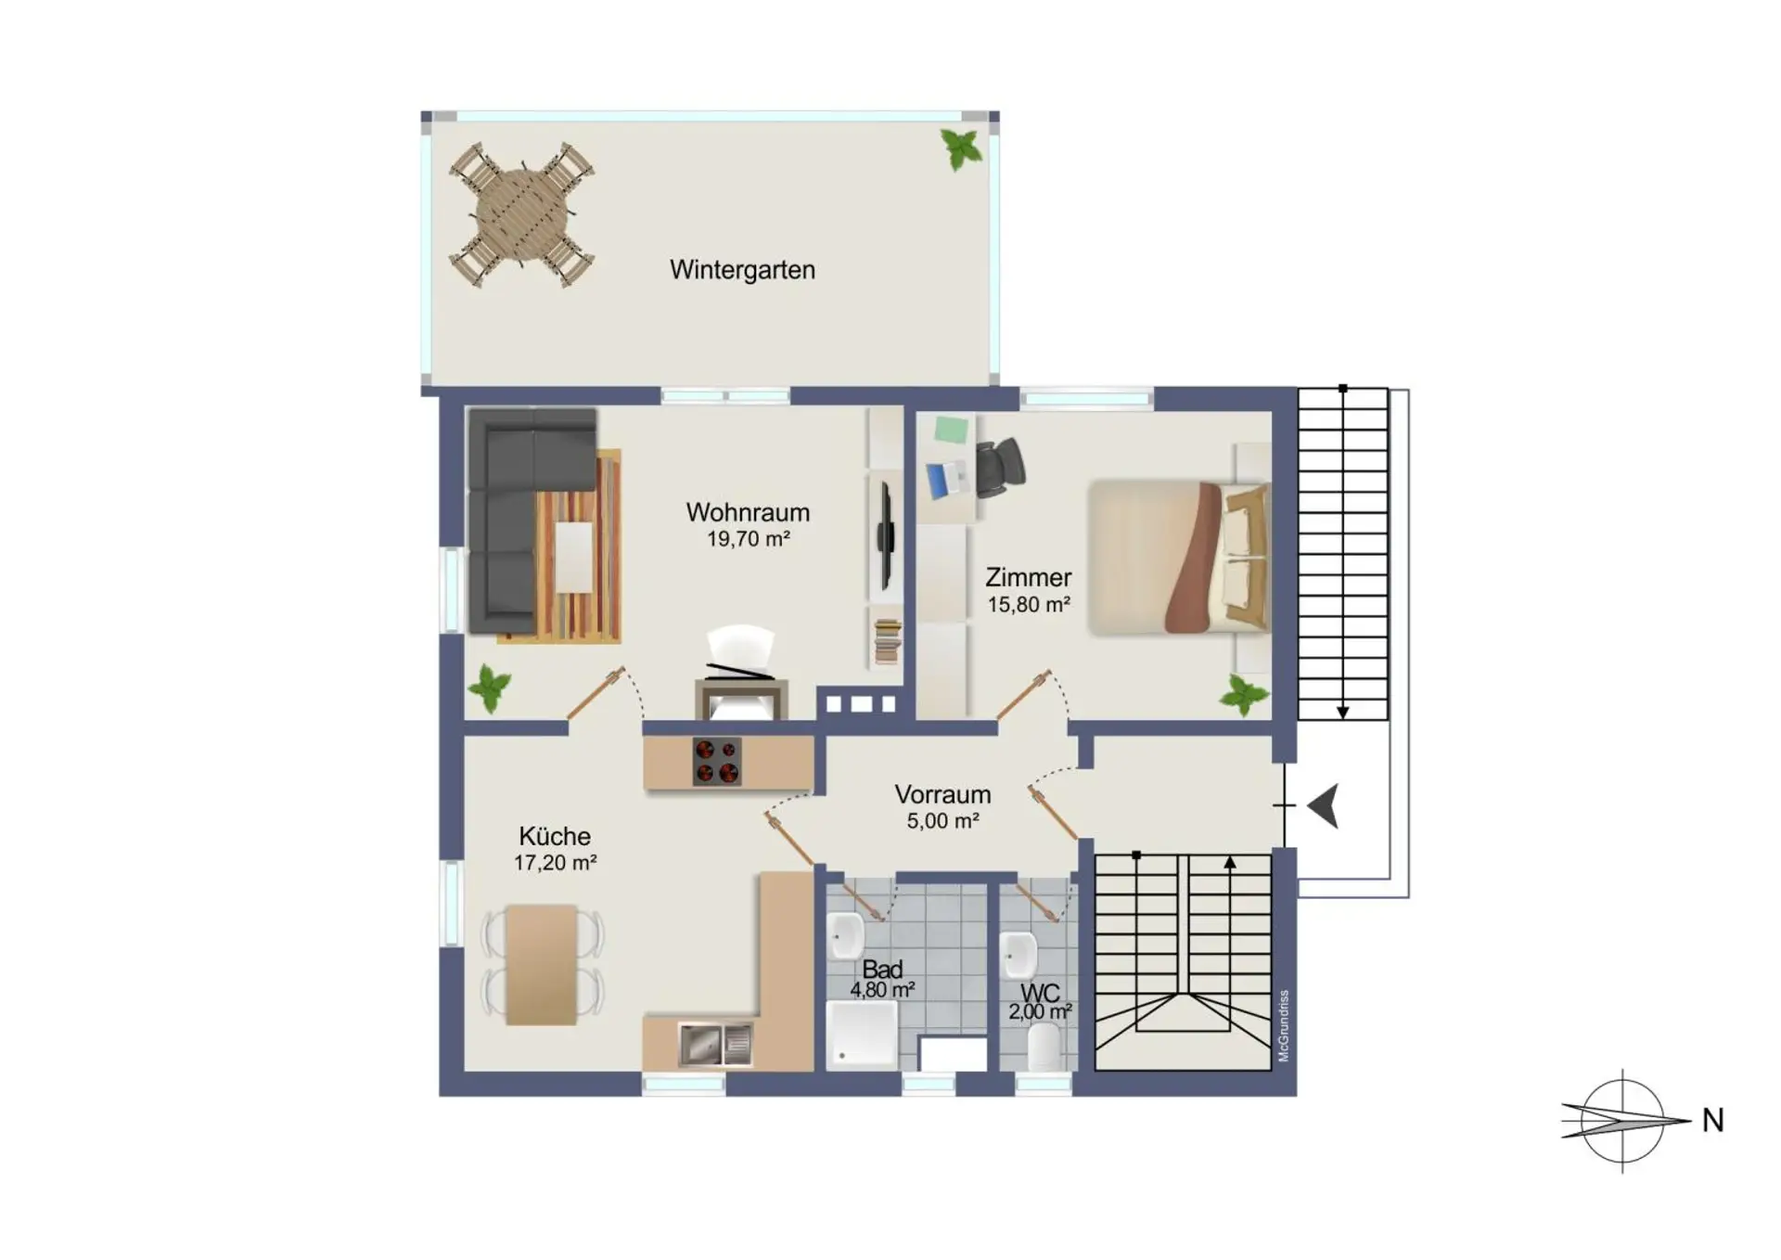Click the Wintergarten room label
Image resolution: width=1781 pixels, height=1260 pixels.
(742, 270)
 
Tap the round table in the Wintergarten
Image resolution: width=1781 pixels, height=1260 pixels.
(522, 215)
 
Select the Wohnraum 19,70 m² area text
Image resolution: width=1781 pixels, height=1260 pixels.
(748, 539)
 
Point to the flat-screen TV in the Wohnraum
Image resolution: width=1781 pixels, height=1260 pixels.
(886, 535)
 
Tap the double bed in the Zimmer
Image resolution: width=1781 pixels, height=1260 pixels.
(1178, 558)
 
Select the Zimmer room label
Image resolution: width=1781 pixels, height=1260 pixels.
(1028, 577)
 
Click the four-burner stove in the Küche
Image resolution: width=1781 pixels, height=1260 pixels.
(717, 761)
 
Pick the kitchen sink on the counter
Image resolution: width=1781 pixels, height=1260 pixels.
(715, 1045)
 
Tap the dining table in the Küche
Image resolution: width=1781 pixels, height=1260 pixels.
(542, 964)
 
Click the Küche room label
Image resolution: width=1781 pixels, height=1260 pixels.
(555, 836)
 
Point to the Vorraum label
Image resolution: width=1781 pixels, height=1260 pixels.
(942, 794)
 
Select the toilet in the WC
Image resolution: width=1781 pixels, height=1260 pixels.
(1044, 1046)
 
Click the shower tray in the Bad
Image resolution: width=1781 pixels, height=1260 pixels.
(862, 1035)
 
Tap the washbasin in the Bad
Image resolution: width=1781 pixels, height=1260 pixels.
(846, 935)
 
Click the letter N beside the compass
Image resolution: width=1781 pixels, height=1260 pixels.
(1712, 1121)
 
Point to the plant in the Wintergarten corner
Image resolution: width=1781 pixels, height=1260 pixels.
(961, 148)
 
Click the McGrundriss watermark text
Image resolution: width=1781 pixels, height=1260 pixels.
(1284, 1025)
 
